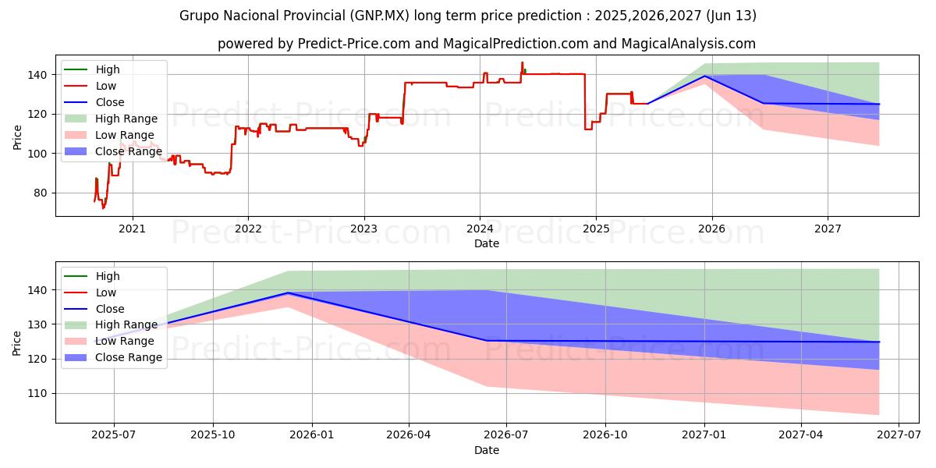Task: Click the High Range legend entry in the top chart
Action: [126, 119]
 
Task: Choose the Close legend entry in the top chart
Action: [109, 102]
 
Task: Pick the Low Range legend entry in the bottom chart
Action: [124, 341]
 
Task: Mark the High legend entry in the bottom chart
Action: [108, 276]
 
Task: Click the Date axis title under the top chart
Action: [486, 244]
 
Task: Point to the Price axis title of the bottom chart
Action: [18, 342]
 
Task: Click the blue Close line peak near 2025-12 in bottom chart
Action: [288, 293]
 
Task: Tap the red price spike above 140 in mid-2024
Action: [523, 62]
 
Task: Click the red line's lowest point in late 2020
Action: [103, 208]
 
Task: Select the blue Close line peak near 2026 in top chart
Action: [705, 76]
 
